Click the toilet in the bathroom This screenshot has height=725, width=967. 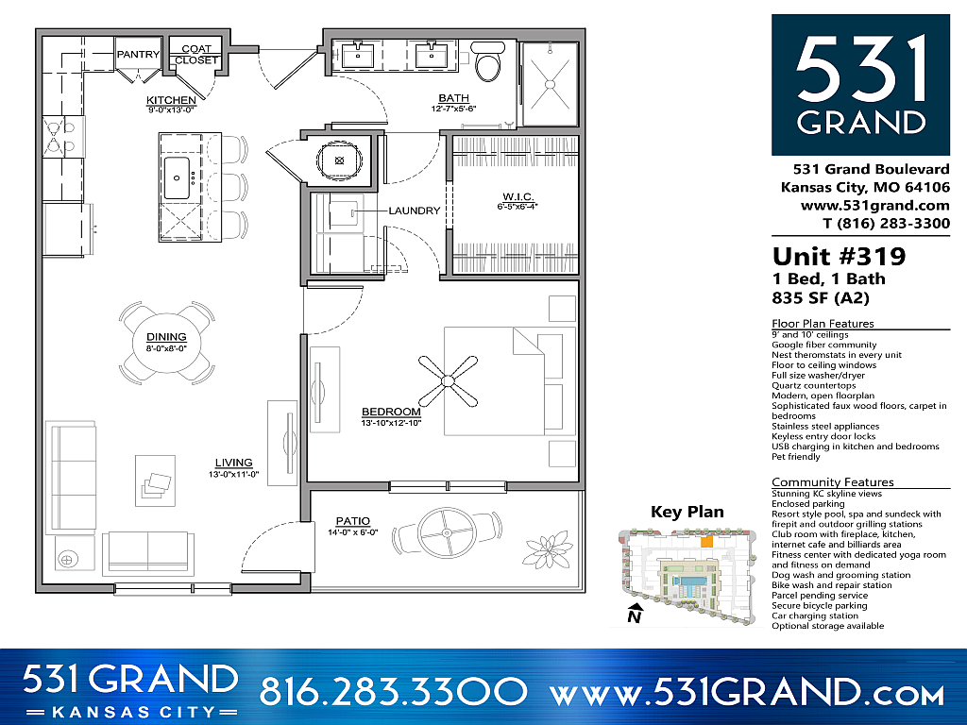point(489,61)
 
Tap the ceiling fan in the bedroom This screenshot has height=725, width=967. point(448,381)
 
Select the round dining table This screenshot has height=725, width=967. point(166,342)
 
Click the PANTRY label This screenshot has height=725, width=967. point(138,54)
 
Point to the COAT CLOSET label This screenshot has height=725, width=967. point(196,54)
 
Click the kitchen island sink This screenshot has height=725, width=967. point(177,177)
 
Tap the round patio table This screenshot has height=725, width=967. point(447,532)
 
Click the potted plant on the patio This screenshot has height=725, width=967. point(547,549)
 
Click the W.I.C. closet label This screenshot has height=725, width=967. point(517,196)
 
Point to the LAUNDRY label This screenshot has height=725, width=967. point(415,211)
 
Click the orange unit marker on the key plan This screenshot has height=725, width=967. point(706,541)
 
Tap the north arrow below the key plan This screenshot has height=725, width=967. point(635,614)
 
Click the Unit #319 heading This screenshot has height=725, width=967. point(839,256)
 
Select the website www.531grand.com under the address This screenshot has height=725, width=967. point(875,205)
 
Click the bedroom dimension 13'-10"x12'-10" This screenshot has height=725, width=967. point(391,423)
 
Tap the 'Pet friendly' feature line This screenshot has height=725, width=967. point(796,457)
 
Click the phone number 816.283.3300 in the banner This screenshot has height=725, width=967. point(393,691)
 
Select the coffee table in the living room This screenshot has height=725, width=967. point(155,481)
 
